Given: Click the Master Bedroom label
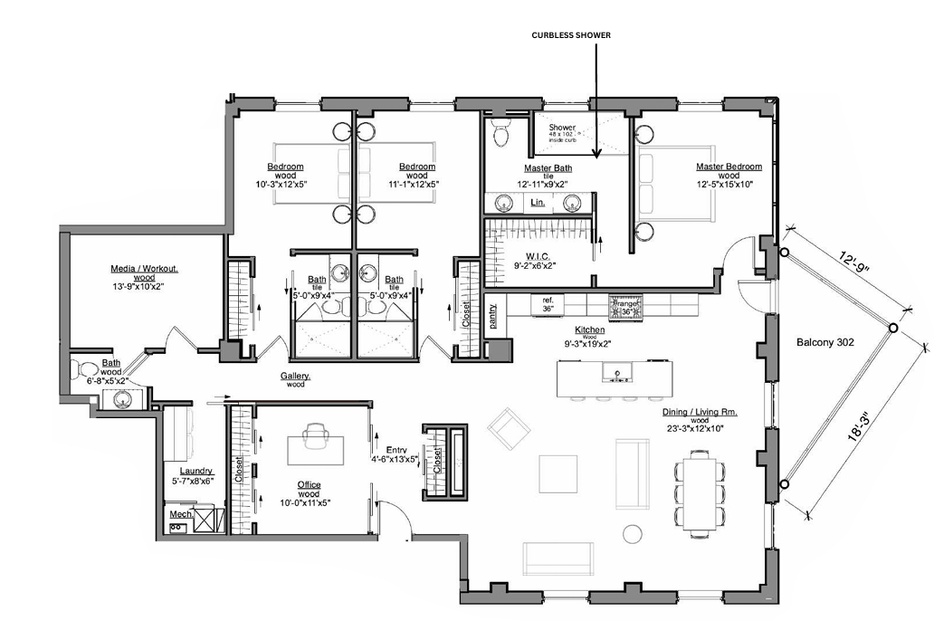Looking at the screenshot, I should [728, 167].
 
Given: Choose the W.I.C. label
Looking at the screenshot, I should [522, 254].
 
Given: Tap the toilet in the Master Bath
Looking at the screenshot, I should [500, 135].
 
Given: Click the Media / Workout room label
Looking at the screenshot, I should [145, 269].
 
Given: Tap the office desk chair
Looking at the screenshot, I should [317, 435].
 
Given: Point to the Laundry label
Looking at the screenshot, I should [195, 471].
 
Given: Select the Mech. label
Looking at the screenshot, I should [179, 514].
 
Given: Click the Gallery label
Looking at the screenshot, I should [296, 376].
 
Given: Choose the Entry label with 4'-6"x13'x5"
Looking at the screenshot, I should [396, 450].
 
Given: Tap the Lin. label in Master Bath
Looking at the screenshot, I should [538, 204].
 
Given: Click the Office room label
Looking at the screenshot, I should [310, 484].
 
